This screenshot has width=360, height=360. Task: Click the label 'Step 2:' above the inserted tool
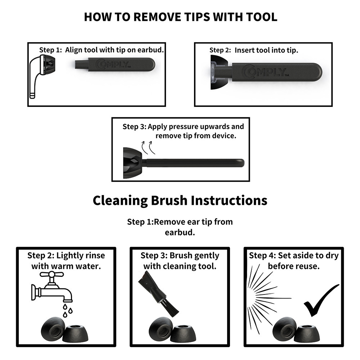click(x=220, y=50)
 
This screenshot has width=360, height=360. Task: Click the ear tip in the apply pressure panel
click(x=132, y=163)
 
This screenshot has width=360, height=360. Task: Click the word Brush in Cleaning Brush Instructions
click(x=169, y=201)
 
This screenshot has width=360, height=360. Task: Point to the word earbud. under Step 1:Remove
click(x=180, y=232)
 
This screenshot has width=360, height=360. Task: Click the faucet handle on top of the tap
click(x=51, y=274)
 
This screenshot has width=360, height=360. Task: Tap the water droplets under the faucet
click(x=68, y=311)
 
